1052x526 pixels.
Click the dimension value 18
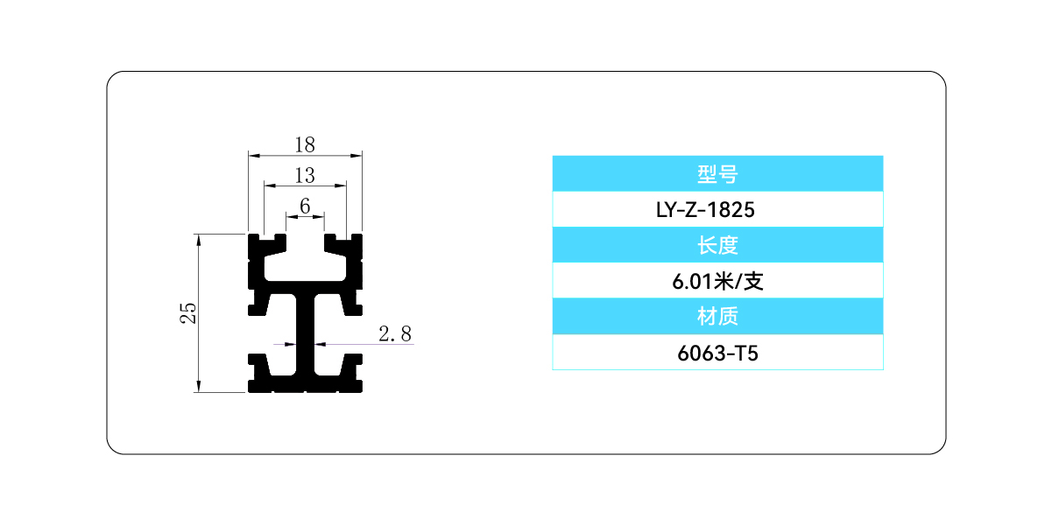pyautogui.click(x=305, y=145)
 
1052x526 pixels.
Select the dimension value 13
pyautogui.click(x=305, y=175)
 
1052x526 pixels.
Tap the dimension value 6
pyautogui.click(x=305, y=205)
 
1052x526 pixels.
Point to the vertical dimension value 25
pyautogui.click(x=187, y=312)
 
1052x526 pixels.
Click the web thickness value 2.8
pyautogui.click(x=395, y=333)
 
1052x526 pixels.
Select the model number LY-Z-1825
pyautogui.click(x=717, y=210)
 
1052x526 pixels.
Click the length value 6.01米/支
pyautogui.click(x=717, y=281)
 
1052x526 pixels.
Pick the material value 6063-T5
pyautogui.click(x=717, y=353)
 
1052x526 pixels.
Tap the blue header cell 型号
pyautogui.click(x=717, y=173)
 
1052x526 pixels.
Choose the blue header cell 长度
pyautogui.click(x=717, y=245)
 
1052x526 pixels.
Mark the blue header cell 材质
pyautogui.click(x=717, y=316)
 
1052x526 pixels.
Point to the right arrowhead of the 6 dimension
pyautogui.click(x=321, y=215)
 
